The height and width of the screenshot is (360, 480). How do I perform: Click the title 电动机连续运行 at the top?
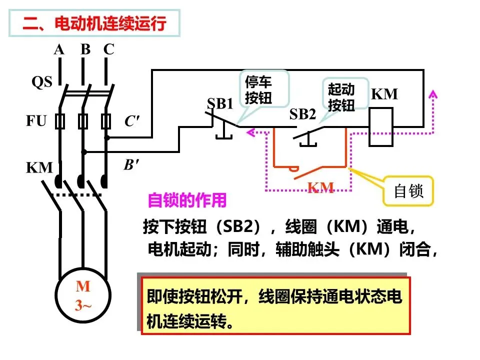110,23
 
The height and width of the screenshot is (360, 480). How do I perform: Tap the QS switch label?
42,81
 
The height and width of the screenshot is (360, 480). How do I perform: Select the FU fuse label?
36,120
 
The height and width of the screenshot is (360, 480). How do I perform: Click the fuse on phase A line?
60,121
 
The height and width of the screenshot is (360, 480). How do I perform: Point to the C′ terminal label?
132,121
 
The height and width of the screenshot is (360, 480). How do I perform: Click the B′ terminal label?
131,164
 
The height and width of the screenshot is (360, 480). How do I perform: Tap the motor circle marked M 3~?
83,295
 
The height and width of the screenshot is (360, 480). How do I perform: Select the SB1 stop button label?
220,103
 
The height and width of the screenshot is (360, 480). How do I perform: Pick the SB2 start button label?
302,114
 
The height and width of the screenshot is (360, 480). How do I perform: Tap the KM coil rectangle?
381,126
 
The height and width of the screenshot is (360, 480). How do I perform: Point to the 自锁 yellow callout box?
408,191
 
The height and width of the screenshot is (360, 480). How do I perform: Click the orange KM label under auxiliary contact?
320,187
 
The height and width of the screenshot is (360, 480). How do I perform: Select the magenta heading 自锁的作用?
187,200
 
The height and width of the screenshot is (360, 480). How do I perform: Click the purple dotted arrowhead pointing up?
433,94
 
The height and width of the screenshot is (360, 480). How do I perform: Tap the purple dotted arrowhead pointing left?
251,132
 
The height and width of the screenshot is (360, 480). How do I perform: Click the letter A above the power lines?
59,49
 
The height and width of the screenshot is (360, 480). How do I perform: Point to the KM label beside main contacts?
39,168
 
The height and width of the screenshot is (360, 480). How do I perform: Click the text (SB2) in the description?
239,227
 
